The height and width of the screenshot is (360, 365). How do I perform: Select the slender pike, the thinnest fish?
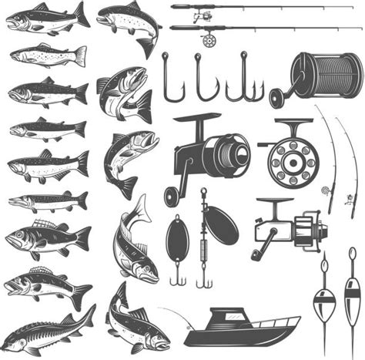click(x=46, y=201)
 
